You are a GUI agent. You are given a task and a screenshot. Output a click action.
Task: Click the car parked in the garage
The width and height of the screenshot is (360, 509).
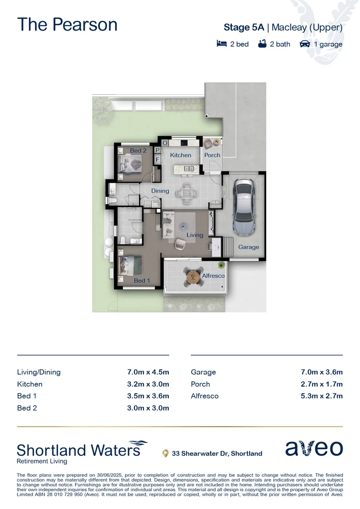(x=244, y=202)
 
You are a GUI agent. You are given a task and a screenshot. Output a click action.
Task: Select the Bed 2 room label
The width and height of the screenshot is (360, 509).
(x=138, y=151)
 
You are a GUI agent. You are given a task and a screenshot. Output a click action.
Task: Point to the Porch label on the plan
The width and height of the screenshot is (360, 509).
(x=212, y=155)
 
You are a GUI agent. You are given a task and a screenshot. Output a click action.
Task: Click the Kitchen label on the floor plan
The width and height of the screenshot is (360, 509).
(x=180, y=155)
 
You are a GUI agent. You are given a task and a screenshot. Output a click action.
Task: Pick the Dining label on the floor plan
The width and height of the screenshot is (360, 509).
(x=160, y=191)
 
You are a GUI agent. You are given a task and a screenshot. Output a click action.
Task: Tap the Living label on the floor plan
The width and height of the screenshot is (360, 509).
(x=195, y=235)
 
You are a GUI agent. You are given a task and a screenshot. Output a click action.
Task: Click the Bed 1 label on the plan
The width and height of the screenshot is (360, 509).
(x=142, y=281)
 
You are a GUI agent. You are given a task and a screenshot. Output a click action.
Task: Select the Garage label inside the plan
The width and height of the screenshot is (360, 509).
(x=248, y=247)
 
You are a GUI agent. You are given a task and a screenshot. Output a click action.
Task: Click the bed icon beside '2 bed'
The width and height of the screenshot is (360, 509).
(x=221, y=44)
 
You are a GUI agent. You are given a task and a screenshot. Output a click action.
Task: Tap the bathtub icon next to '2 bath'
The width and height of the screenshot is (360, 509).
(x=262, y=44)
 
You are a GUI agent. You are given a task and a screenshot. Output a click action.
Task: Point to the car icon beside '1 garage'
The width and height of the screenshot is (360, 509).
(x=305, y=44)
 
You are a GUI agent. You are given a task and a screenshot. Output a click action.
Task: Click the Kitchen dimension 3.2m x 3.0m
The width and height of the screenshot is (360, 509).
(x=148, y=384)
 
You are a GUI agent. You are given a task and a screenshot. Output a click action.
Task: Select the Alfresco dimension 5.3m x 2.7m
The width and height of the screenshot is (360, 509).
(x=322, y=396)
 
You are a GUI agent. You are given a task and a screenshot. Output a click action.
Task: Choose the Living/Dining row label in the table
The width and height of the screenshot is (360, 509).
(x=39, y=372)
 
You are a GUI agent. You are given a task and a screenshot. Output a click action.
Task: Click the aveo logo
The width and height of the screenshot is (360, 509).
(x=314, y=448)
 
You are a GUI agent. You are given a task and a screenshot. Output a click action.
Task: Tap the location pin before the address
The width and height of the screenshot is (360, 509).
(x=165, y=453)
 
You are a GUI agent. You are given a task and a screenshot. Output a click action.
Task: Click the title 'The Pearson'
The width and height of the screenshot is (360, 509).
(x=67, y=25)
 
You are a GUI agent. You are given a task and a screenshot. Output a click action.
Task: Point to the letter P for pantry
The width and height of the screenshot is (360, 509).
(x=157, y=150)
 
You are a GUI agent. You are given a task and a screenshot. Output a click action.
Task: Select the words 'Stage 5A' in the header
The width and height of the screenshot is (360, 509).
(x=244, y=27)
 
